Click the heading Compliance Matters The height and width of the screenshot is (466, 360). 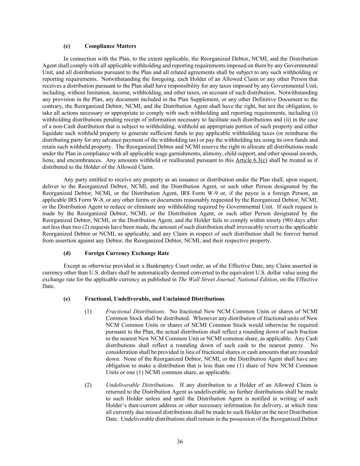tap(110, 46)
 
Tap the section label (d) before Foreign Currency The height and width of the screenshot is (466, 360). tap(67, 253)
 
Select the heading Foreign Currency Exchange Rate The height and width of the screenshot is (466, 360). tap(127, 253)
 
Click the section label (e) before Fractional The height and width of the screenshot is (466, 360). tap(67, 299)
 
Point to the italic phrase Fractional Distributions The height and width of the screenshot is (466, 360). tap(135, 311)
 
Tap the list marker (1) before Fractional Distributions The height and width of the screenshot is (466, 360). tap(88, 311)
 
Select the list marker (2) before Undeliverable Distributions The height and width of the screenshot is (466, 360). tap(88, 385)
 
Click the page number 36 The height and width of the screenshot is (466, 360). tap(180, 442)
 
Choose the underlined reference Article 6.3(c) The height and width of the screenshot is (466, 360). tap(251, 160)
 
